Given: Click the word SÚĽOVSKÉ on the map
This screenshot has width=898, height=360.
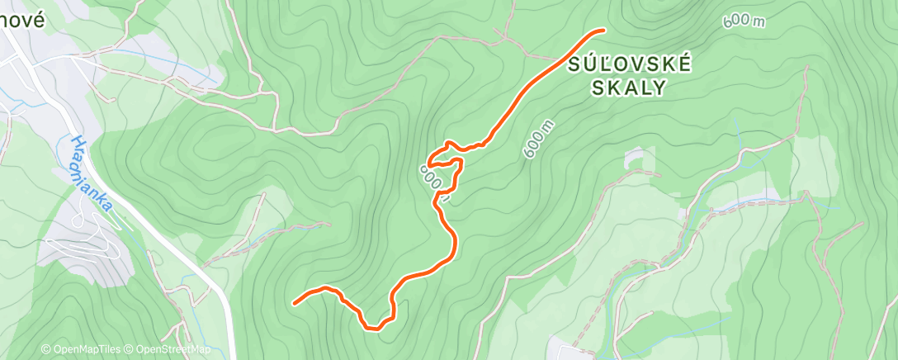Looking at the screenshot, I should click(x=629, y=66).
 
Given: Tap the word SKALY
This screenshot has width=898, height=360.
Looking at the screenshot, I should click(x=629, y=89).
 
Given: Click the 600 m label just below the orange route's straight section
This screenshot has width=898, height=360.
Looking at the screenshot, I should click(x=537, y=139).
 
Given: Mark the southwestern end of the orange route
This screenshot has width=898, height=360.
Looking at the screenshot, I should click(x=295, y=303).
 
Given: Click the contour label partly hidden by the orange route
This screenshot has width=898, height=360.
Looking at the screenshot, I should click(x=435, y=177).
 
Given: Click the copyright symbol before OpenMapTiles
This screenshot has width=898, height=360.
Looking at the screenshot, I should click(x=46, y=349).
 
